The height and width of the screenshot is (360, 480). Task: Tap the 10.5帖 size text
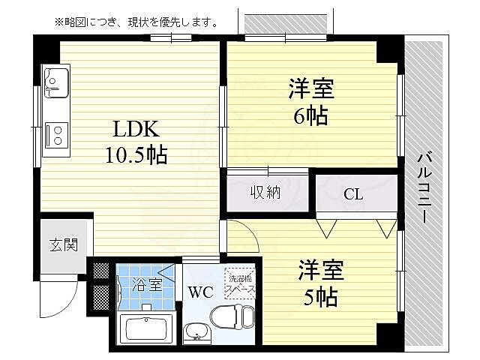[136, 155]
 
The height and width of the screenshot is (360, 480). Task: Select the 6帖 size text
[310, 116]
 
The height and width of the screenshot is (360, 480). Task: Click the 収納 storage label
[265, 192]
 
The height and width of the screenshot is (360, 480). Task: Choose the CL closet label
[353, 194]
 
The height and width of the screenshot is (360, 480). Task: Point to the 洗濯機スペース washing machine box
[240, 282]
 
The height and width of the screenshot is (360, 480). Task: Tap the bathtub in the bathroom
[147, 328]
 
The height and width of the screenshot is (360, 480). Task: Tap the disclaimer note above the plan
[136, 22]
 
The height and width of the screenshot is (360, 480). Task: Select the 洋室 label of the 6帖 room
[310, 88]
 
